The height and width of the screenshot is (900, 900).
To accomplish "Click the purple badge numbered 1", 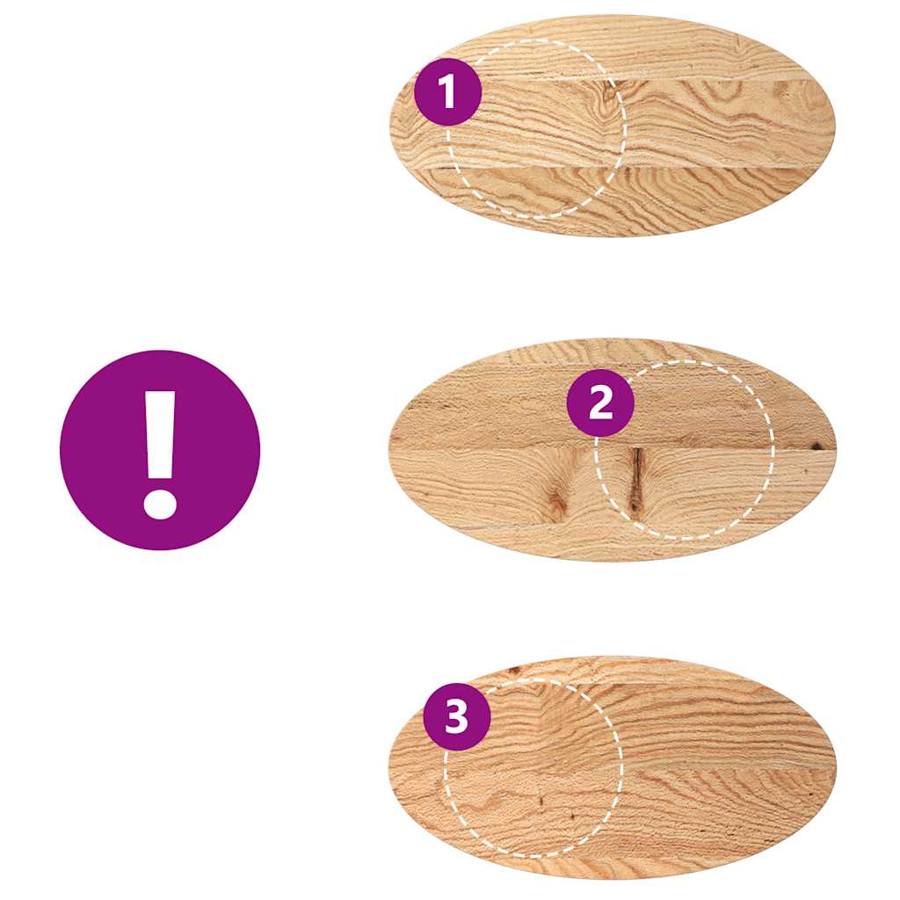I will coord(447,92).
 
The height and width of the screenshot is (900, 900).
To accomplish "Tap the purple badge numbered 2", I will coord(600,403).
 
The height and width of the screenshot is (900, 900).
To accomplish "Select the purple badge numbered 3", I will coord(456,717).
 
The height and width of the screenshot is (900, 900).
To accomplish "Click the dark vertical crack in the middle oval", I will coord(635,480).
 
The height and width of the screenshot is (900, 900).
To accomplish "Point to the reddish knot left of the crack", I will coord(557,502).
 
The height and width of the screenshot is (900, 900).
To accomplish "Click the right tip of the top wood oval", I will coord(832,125).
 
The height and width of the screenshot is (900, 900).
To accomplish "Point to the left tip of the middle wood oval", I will coord(390,450).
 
